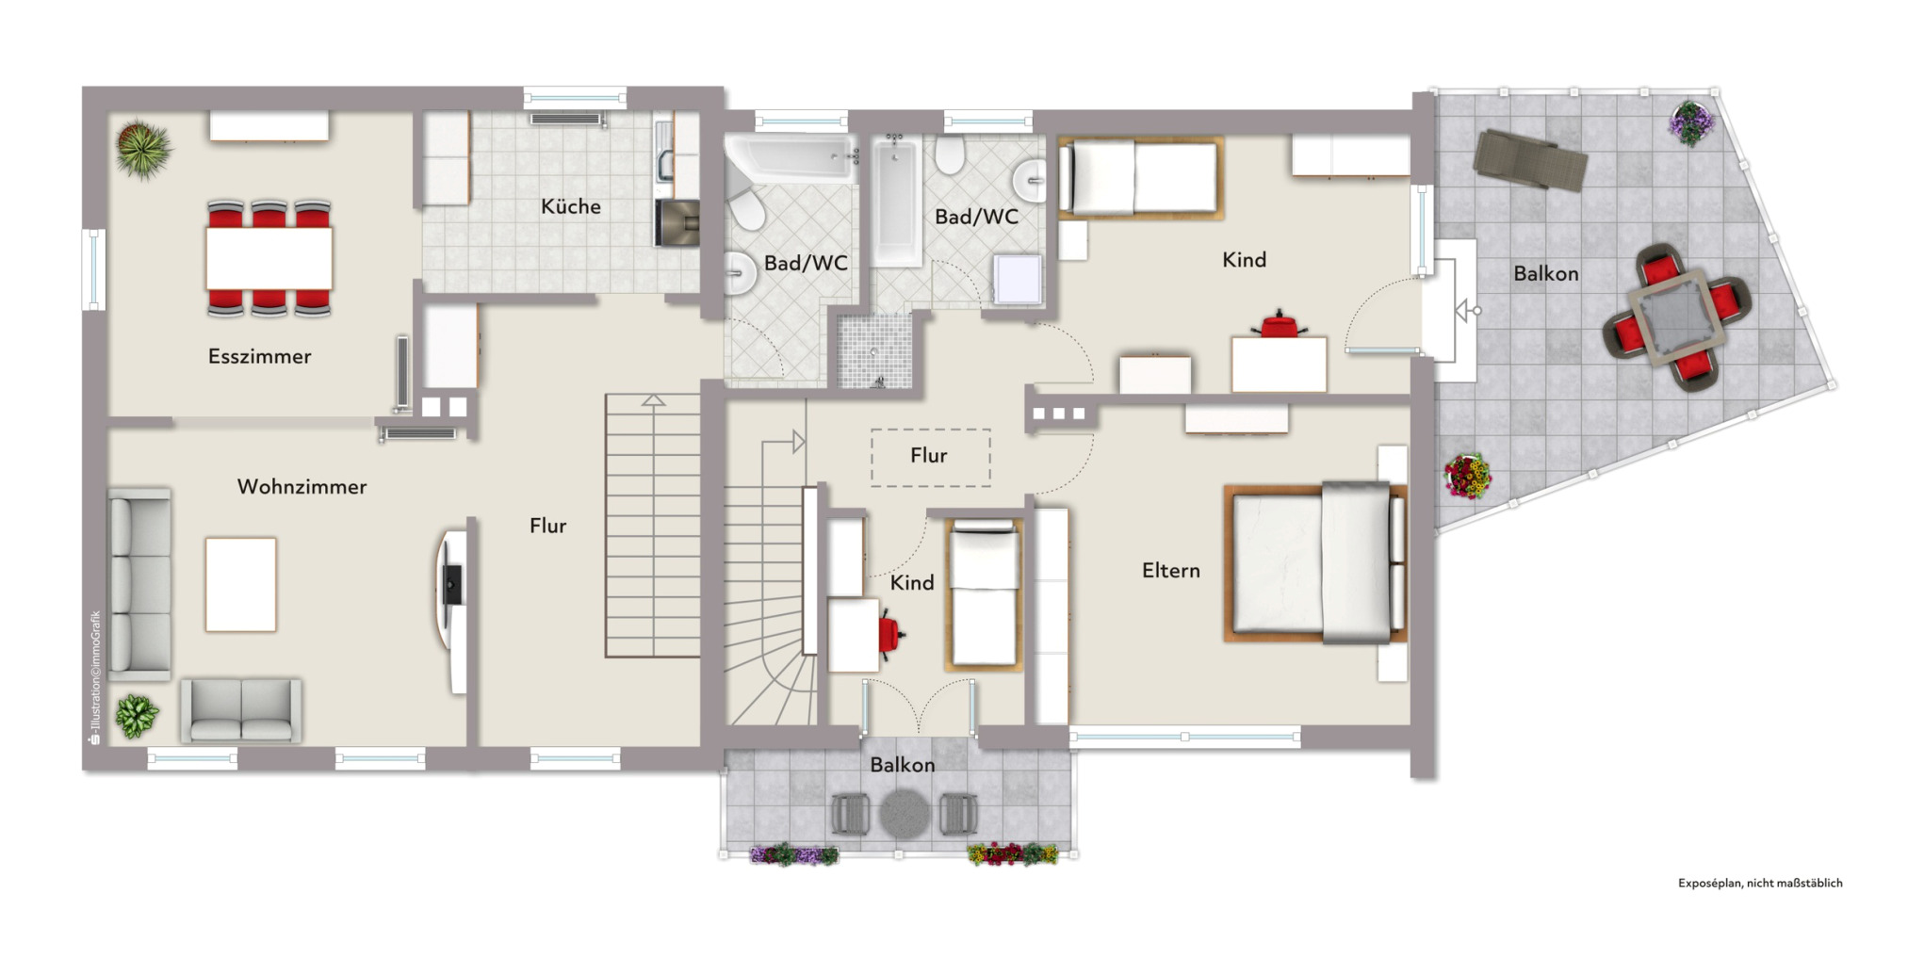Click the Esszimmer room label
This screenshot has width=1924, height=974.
click(x=259, y=356)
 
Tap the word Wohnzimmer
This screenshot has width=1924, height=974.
click(x=302, y=487)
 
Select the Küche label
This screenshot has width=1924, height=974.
click(x=570, y=206)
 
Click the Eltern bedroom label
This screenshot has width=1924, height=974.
click(x=1171, y=570)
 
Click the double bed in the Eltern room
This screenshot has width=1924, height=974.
click(x=1315, y=563)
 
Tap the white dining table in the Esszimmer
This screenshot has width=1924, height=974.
click(x=269, y=258)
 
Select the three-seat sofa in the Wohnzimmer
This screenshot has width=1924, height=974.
click(x=140, y=584)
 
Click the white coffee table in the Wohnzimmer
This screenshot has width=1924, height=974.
click(x=241, y=584)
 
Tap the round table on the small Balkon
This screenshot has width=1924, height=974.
click(x=905, y=814)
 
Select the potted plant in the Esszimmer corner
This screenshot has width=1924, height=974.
click(x=143, y=149)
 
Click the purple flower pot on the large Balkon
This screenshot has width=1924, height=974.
click(x=1691, y=122)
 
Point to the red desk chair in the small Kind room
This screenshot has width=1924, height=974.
click(x=889, y=632)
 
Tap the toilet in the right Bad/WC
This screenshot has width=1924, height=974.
click(x=950, y=155)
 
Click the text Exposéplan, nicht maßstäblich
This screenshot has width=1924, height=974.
click(x=1760, y=884)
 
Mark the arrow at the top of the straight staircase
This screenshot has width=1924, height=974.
click(x=653, y=400)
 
